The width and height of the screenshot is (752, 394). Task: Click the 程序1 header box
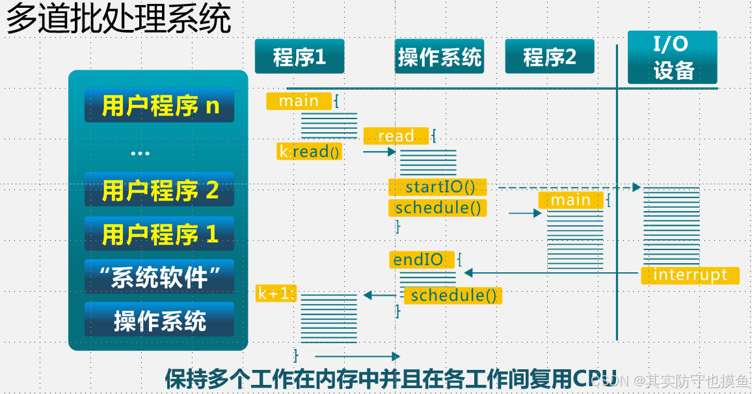coord(299,56)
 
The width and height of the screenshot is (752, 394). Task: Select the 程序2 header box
coord(550,56)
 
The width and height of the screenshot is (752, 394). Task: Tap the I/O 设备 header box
coord(673,57)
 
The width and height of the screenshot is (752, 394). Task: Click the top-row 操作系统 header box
coord(439,56)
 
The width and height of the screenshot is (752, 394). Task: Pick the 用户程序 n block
coord(159,106)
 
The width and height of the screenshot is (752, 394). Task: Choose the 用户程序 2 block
coord(159,190)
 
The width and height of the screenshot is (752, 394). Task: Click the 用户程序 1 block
coord(159,234)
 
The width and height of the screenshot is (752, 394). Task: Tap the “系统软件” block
coord(159,276)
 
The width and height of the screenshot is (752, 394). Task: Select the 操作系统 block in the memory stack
coord(159,320)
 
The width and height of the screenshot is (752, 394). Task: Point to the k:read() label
coord(310,152)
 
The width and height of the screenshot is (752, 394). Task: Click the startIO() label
coord(437,187)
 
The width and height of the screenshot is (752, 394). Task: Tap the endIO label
coord(422,260)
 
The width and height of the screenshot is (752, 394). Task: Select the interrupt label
coord(690,275)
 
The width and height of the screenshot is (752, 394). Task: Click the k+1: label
coord(276,293)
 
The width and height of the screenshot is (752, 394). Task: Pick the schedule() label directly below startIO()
coord(437,208)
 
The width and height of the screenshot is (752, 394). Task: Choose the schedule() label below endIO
coord(453,296)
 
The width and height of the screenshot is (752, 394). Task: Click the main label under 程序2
coord(571,200)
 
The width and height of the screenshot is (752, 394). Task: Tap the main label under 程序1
coord(299,101)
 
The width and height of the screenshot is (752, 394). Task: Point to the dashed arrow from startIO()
coord(569,187)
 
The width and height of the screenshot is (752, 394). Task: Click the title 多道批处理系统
coord(118,18)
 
